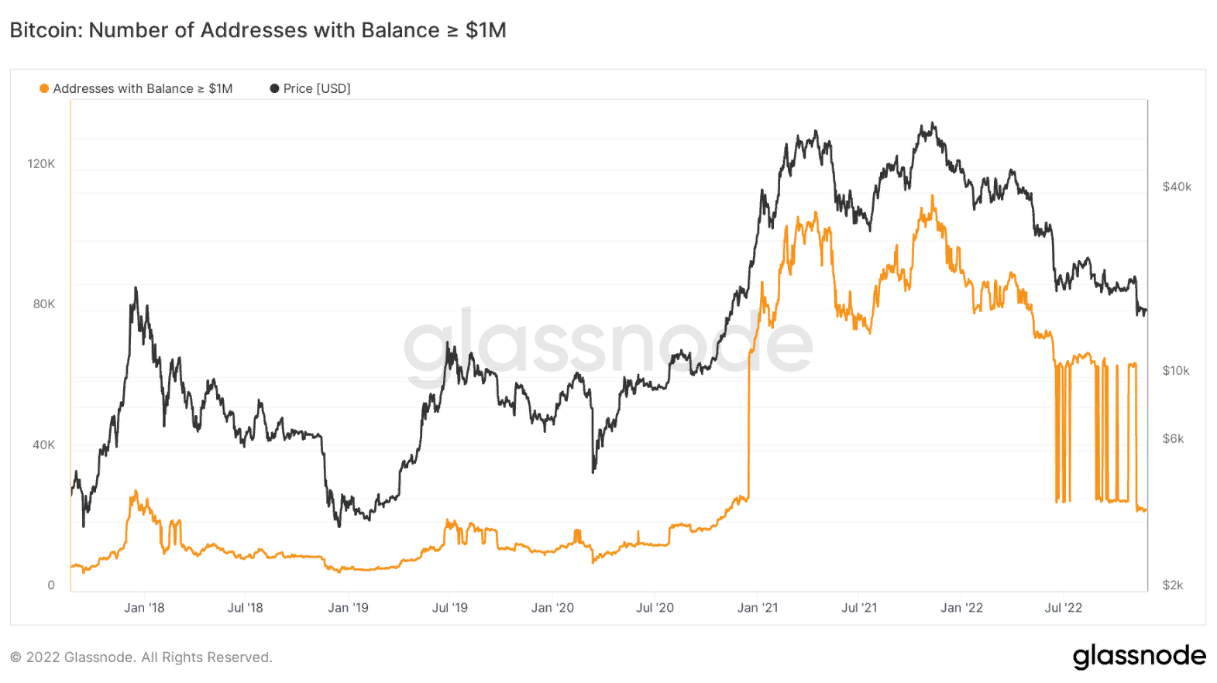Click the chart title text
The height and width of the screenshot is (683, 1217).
[258, 30]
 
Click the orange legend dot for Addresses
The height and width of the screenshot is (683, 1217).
[44, 88]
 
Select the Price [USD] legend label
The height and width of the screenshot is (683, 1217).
[317, 88]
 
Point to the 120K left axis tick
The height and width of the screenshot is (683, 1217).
[41, 163]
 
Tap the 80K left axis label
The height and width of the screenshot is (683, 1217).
[43, 304]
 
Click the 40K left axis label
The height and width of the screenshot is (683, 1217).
[43, 444]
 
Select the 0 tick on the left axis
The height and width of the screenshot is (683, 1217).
[51, 585]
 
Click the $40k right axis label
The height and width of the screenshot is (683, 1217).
[1176, 187]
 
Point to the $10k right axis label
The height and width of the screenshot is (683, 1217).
[1175, 370]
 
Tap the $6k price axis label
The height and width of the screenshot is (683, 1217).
[1173, 438]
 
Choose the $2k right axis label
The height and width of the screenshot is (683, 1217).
[1172, 585]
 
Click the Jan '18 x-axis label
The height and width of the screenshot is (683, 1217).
[144, 608]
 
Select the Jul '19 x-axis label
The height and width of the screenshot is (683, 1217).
[449, 608]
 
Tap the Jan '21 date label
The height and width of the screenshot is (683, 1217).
[757, 608]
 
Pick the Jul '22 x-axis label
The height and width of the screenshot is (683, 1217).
[1063, 608]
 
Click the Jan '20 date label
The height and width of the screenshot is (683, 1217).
[552, 608]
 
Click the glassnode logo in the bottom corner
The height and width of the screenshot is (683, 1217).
[1139, 657]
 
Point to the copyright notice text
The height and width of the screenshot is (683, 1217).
[141, 657]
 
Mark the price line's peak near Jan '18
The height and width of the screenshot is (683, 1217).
[136, 288]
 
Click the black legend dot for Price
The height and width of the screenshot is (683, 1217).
[274, 88]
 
